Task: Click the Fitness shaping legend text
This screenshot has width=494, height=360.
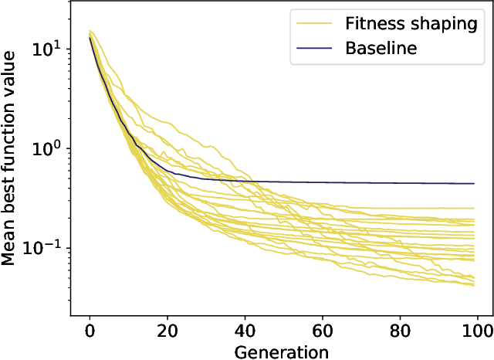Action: (x=411, y=23)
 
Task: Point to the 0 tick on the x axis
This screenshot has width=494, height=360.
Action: (x=90, y=332)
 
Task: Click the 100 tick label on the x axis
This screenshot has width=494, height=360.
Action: (x=479, y=332)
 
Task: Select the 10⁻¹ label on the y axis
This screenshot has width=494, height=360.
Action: (x=45, y=247)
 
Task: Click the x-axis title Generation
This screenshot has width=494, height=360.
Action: (x=283, y=352)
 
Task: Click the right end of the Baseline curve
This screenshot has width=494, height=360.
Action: (x=474, y=184)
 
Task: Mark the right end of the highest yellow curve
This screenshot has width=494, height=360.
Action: (x=474, y=209)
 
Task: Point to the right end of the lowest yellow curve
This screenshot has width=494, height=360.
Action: (x=474, y=286)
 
